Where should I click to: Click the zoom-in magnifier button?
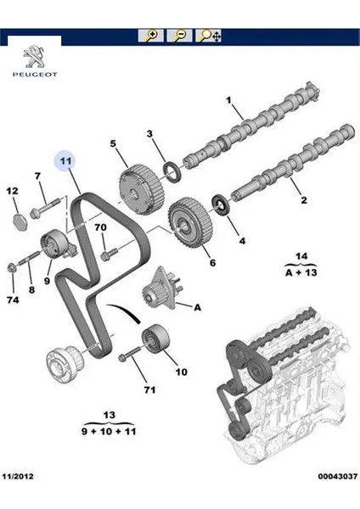click(151, 36)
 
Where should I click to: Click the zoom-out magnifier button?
click(179, 36)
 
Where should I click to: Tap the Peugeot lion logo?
click(35, 57)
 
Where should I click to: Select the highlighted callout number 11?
click(65, 161)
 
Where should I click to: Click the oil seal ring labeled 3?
click(172, 172)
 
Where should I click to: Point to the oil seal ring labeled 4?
click(220, 204)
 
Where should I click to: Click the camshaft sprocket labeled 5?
click(141, 190)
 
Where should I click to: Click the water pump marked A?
click(160, 288)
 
